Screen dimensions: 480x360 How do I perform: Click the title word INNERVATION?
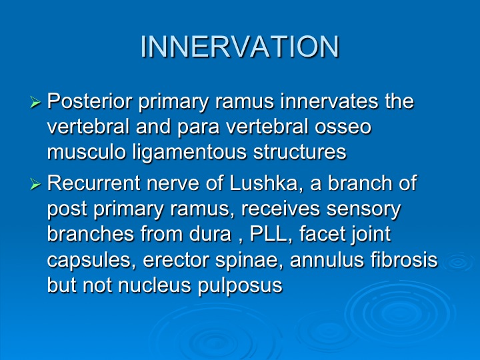tap(240, 47)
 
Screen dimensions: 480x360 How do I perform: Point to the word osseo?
tap(343, 127)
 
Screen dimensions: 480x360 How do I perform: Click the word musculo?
tap(87, 152)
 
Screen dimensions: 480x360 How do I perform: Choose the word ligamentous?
tap(189, 152)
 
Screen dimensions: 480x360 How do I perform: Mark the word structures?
tap(300, 152)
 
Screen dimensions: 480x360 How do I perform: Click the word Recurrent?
tap(94, 183)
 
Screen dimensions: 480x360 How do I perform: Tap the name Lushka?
tap(266, 183)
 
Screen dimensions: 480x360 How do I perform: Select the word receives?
tap(280, 209)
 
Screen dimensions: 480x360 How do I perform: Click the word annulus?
tap(327, 260)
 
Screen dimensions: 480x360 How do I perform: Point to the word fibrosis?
tap(404, 259)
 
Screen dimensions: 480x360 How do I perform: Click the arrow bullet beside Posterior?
tap(35, 102)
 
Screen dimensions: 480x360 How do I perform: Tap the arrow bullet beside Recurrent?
tap(35, 184)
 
